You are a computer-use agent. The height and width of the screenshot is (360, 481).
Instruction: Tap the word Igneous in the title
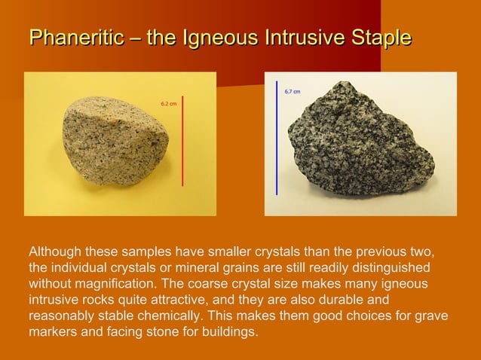(x=213, y=37)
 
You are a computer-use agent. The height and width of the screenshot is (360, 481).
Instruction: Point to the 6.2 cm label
(x=169, y=103)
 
